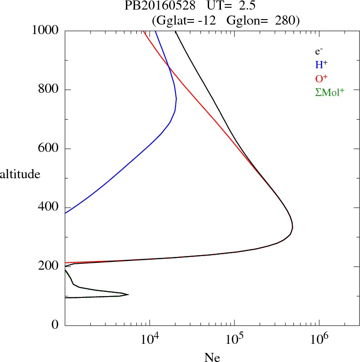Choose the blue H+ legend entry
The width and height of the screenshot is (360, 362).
[x=321, y=65]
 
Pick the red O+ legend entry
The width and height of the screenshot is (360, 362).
[x=321, y=79]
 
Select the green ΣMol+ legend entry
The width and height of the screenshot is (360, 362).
[x=329, y=92]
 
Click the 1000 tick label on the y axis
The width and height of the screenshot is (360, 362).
[x=46, y=30]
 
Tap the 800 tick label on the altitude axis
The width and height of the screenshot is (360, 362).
[x=50, y=90]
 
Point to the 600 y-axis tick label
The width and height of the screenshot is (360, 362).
[x=50, y=149]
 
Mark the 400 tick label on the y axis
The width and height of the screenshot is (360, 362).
[x=50, y=207]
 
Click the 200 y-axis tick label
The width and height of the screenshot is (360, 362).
[x=50, y=266]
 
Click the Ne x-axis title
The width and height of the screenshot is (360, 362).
[x=212, y=357]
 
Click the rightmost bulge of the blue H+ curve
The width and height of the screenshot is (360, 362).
[x=176, y=99]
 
